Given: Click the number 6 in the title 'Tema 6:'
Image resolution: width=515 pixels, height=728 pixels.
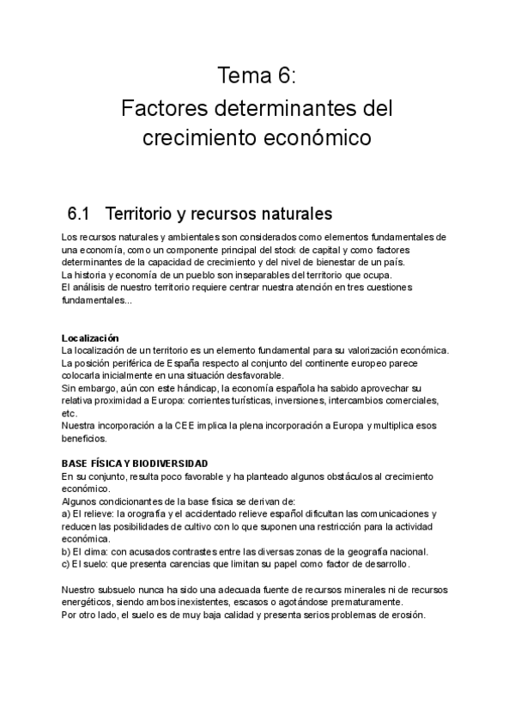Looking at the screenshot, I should [284, 76].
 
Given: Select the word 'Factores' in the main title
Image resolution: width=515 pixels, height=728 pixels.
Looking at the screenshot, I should [161, 109].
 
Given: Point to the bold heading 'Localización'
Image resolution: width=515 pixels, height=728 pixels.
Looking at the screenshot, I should [90, 337].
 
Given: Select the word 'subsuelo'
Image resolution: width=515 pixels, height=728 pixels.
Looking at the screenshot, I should [120, 590].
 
